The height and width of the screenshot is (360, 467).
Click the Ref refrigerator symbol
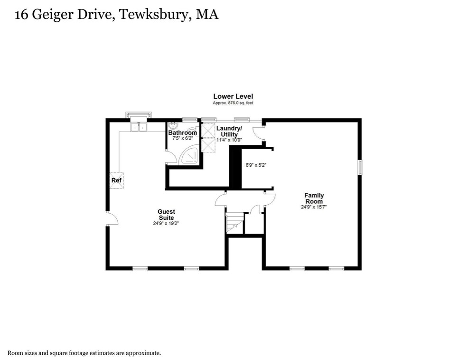[x=116, y=180]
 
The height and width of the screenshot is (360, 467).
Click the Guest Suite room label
[x=166, y=215]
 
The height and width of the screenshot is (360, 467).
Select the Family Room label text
[x=314, y=199]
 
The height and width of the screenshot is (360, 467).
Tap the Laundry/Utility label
[x=229, y=132]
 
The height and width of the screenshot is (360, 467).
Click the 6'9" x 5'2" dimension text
[x=255, y=165]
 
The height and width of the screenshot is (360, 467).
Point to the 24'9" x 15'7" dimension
[x=314, y=207]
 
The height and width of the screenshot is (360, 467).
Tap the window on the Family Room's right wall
[x=360, y=168]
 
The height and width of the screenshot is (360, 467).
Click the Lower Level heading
[x=233, y=96]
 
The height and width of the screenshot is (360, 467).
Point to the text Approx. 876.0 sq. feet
[x=233, y=103]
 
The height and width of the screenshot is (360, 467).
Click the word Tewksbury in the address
[x=153, y=15]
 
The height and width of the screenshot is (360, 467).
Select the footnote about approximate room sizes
[x=84, y=353]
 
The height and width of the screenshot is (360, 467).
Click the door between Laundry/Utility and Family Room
[x=258, y=133]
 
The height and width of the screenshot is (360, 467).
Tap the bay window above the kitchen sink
[x=138, y=114]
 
